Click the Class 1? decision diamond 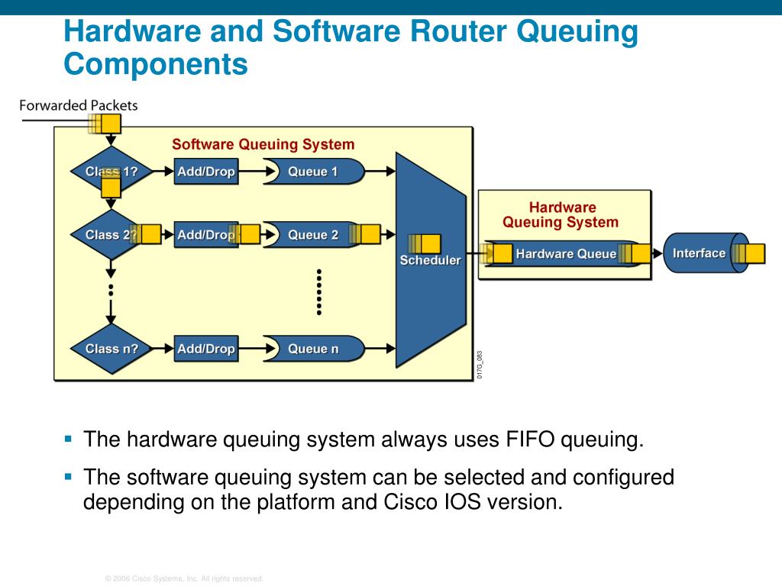pyautogui.click(x=111, y=172)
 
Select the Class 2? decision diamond pyautogui.click(x=107, y=235)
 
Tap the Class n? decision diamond pyautogui.click(x=111, y=349)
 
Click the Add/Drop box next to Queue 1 pyautogui.click(x=206, y=172)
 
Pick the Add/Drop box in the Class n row pyautogui.click(x=206, y=349)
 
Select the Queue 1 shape pyautogui.click(x=313, y=172)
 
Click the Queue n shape pyautogui.click(x=313, y=349)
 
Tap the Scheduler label pyautogui.click(x=431, y=260)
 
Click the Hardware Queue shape pyautogui.click(x=565, y=253)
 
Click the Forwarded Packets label pyautogui.click(x=79, y=105)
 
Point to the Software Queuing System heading pyautogui.click(x=263, y=144)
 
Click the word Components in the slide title pyautogui.click(x=156, y=64)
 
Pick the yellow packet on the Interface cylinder pyautogui.click(x=755, y=253)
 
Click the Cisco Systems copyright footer pyautogui.click(x=184, y=579)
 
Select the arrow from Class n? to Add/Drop pyautogui.click(x=162, y=349)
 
